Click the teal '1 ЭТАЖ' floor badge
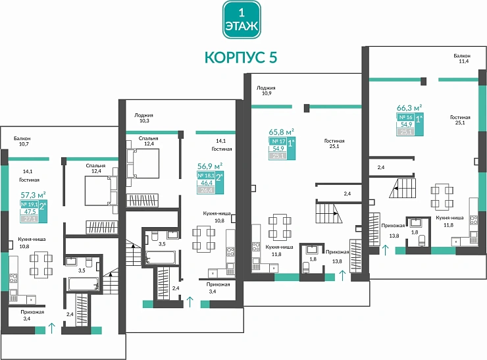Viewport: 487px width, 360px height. click(x=241, y=20)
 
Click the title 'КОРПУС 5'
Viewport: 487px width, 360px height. click(x=241, y=57)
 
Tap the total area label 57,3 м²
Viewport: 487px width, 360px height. click(x=32, y=195)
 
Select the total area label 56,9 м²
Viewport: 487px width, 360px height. click(x=210, y=167)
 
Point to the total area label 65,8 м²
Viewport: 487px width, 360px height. click(x=281, y=131)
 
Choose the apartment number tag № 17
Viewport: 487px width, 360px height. click(x=277, y=141)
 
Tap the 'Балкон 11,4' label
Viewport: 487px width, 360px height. click(x=461, y=59)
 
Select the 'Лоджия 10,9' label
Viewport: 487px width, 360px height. click(x=266, y=90)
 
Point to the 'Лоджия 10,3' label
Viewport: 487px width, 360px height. click(x=143, y=118)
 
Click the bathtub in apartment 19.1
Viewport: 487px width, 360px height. click(x=84, y=284)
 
